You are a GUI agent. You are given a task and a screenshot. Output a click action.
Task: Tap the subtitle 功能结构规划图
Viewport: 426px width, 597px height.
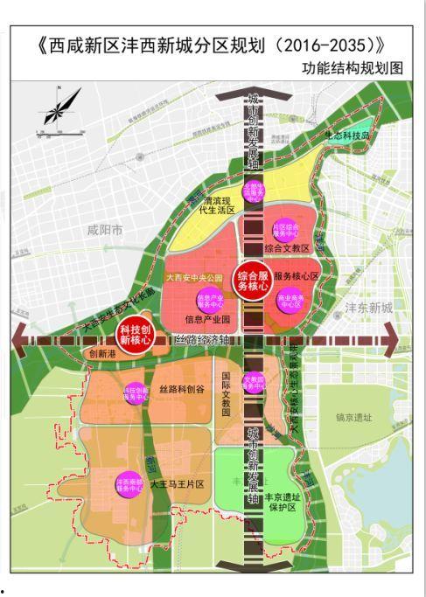tap(353, 68)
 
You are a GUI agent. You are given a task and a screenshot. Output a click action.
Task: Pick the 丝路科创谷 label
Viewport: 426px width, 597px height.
tap(182, 389)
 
